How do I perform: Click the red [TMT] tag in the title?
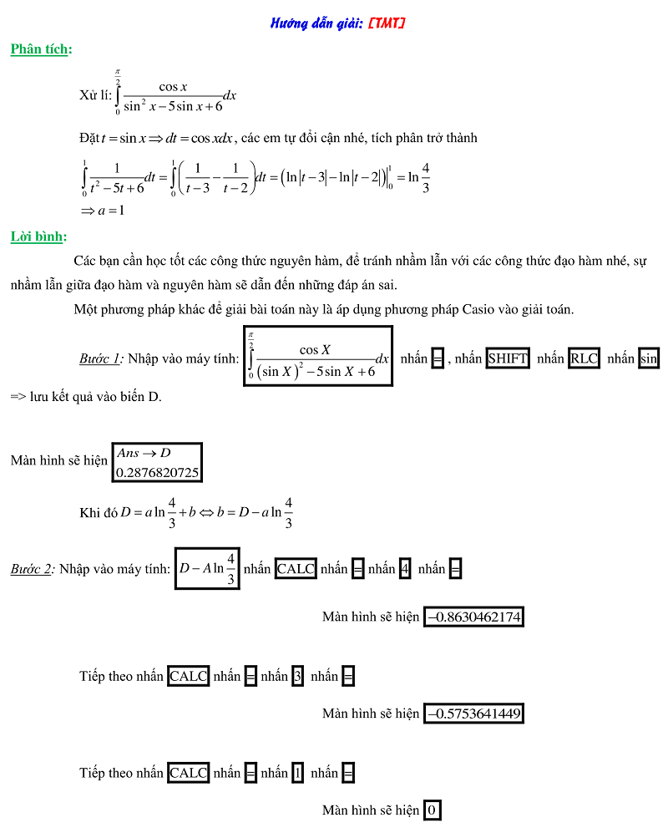click(386, 23)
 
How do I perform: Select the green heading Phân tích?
click(39, 49)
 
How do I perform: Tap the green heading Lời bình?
click(38, 236)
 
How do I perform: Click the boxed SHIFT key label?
click(508, 358)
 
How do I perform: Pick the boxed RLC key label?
click(584, 358)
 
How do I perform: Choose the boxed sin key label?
click(648, 358)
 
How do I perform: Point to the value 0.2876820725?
click(158, 473)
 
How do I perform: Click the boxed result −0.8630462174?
click(473, 617)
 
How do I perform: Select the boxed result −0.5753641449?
click(473, 714)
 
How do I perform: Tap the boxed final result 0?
click(432, 810)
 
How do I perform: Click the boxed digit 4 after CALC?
click(405, 569)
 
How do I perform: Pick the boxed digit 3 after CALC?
click(297, 676)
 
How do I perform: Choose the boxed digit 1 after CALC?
click(297, 773)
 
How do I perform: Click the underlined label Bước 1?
click(100, 358)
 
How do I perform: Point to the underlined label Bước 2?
click(32, 569)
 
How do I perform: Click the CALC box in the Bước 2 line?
click(296, 569)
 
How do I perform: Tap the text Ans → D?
click(144, 453)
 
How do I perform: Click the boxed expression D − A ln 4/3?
click(207, 567)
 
